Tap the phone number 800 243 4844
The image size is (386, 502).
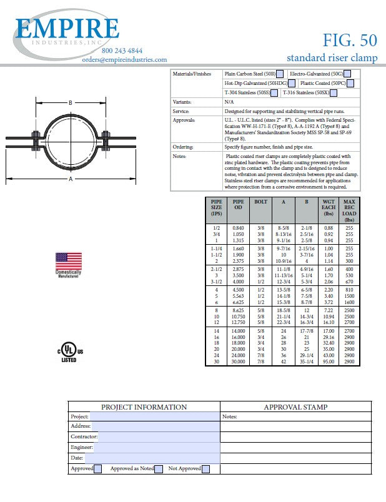tap(121, 51)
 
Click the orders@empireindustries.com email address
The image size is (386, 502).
tap(124, 59)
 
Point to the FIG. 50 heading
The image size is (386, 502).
tap(350, 40)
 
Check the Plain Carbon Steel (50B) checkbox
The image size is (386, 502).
tap(281, 74)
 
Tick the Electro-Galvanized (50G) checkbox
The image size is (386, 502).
tap(347, 74)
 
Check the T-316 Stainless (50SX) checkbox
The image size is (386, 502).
tap(334, 93)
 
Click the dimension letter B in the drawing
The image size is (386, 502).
tap(71, 103)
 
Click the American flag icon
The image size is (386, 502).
tap(69, 262)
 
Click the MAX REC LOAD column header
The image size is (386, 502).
tap(349, 210)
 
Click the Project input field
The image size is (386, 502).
tap(154, 416)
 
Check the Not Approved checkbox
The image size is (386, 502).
tap(205, 469)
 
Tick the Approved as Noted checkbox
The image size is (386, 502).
tap(159, 469)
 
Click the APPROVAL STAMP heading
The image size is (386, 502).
tap(295, 407)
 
